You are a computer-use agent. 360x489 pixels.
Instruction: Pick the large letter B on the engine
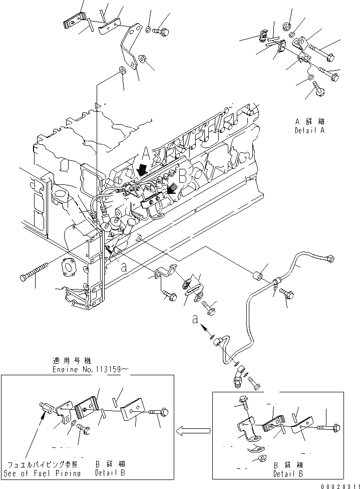(x=182, y=175)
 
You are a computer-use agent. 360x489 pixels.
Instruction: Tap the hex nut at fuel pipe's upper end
(x=330, y=259)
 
